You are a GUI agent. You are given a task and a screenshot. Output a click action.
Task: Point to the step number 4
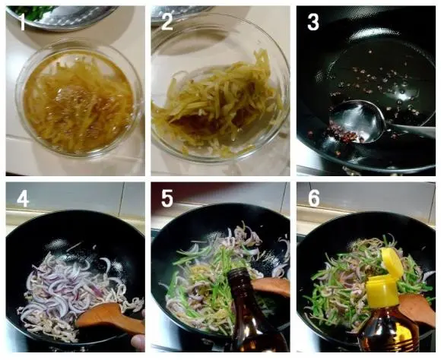click(23, 198)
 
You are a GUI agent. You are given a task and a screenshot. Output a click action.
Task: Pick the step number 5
click(167, 198)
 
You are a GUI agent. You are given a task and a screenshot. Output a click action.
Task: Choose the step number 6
click(314, 198)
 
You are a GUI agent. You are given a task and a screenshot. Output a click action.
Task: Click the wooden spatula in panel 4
click(109, 319)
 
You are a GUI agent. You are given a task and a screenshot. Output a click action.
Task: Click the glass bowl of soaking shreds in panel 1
click(79, 99)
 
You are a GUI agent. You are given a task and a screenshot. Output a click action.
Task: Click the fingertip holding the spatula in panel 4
click(138, 343)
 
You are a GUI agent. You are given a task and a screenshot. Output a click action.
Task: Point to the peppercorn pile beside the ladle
click(344, 132)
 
